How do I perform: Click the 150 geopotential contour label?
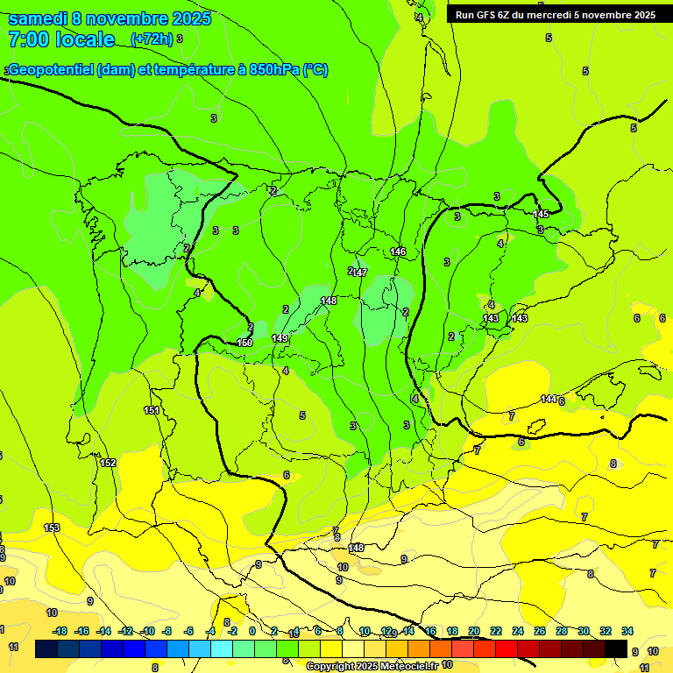coord(244,343)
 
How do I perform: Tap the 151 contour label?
coord(152,410)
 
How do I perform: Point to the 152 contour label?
coord(108,463)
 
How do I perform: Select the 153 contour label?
coord(52,528)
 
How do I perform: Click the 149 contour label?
coord(280,338)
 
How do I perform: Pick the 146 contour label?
coord(398,251)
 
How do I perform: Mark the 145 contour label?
coord(541,215)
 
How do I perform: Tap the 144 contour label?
coord(549,400)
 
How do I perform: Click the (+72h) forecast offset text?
coord(152,39)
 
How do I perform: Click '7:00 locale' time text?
coord(61,39)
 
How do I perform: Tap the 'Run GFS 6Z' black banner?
coord(555,15)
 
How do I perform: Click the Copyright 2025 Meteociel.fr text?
coord(372,666)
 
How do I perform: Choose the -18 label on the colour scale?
coord(60,631)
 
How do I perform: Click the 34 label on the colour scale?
coord(627,631)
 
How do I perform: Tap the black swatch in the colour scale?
coord(616,648)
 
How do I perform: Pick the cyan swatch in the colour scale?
coord(222,648)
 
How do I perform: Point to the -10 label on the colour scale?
coord(147,631)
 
